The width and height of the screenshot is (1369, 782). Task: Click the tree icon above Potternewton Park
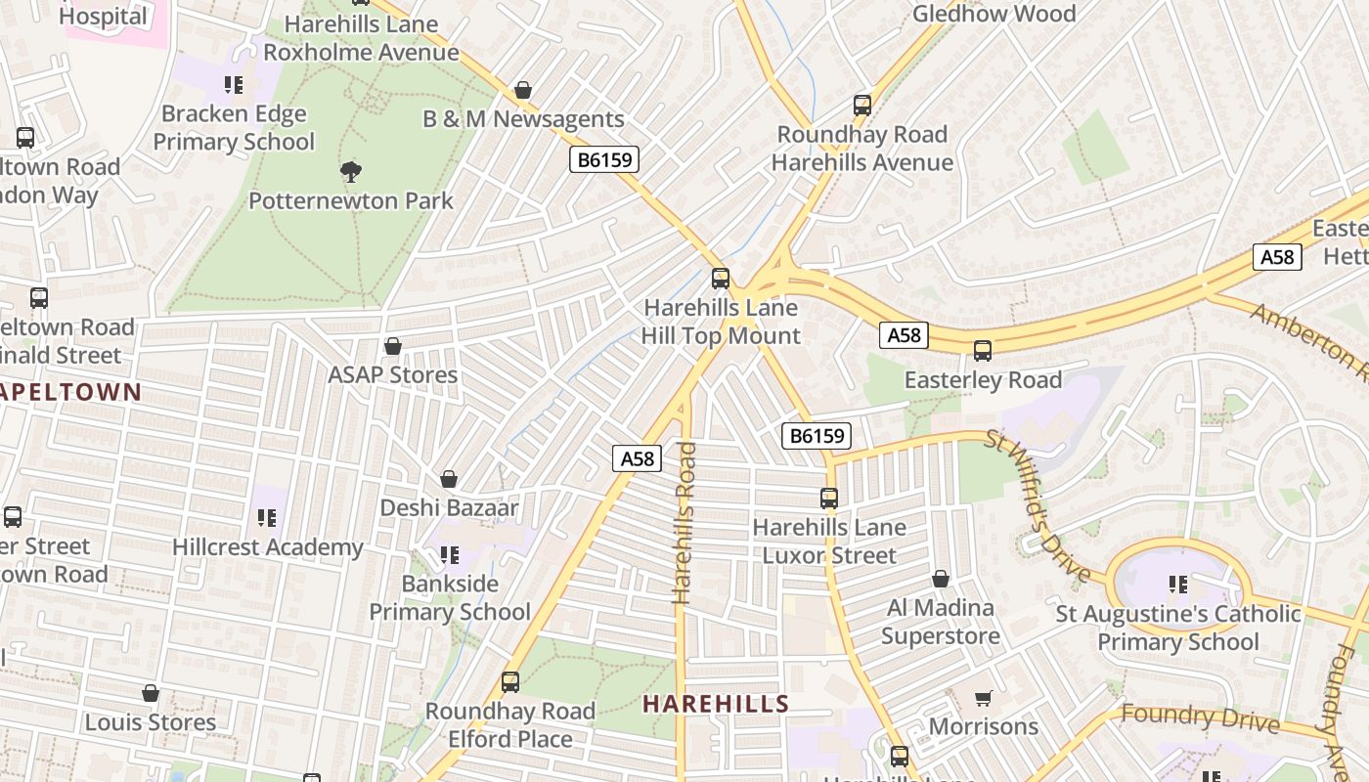(x=351, y=172)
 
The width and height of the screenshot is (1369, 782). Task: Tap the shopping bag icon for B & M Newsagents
(x=523, y=91)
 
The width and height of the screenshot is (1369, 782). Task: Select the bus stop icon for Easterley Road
(x=983, y=351)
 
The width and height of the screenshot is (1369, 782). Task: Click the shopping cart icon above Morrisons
(x=984, y=698)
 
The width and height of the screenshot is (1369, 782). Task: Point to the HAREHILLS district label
(x=716, y=704)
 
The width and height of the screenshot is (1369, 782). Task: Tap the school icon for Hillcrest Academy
(x=267, y=518)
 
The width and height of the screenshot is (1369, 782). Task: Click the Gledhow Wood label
(x=994, y=14)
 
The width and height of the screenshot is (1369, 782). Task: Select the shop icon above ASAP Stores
(x=393, y=346)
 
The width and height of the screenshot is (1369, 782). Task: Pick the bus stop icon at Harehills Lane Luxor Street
(x=829, y=499)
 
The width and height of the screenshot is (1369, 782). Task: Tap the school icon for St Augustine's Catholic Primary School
(x=1178, y=585)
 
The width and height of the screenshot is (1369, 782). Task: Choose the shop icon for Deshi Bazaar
(x=449, y=479)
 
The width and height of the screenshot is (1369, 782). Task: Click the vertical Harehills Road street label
(x=684, y=522)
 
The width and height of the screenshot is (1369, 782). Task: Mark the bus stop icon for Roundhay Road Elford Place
(x=510, y=682)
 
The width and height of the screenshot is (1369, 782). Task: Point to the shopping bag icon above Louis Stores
(x=151, y=693)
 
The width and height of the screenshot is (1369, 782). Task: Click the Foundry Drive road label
(x=1200, y=717)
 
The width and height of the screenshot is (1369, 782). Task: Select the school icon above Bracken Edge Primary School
(x=234, y=85)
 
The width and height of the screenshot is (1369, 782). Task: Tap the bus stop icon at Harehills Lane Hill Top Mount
(x=721, y=279)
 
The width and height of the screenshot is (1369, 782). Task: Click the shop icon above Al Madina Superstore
(x=941, y=579)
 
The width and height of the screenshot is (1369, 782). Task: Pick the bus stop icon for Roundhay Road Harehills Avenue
(x=862, y=106)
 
